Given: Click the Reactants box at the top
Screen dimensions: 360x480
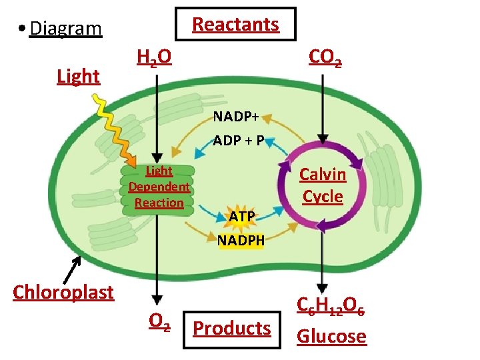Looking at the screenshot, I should click(x=235, y=25).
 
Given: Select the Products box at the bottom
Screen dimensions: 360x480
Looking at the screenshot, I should click(x=231, y=328).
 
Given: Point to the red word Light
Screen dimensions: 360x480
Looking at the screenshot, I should click(x=78, y=77).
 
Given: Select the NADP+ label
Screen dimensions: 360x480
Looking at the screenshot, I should click(x=236, y=117).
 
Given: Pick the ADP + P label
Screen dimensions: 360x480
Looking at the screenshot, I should click(x=239, y=141).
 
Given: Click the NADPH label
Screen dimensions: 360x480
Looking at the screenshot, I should click(x=241, y=239).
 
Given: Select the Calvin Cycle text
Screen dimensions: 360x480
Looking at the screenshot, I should click(x=323, y=185).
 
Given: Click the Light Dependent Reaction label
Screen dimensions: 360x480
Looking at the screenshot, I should click(x=159, y=187).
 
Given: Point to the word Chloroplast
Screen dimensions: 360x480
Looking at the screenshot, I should click(x=63, y=292).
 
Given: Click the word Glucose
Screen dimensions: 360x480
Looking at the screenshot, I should click(x=331, y=336).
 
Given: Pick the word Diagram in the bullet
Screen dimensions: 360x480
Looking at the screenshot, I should click(x=65, y=29).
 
